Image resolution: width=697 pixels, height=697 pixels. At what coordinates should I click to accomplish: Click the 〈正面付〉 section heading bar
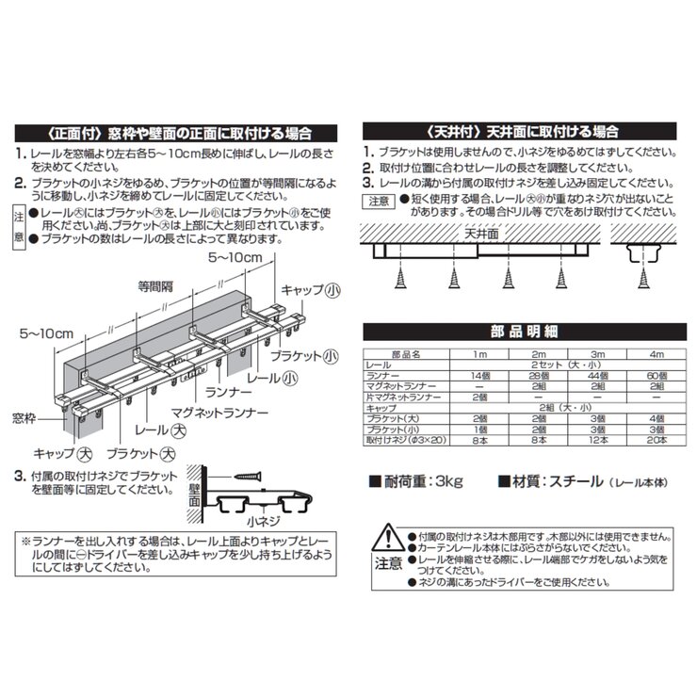tap(178, 133)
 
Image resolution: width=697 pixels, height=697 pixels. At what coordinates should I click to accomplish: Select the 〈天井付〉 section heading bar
tap(520, 130)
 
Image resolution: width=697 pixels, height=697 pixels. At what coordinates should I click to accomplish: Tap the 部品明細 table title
tap(519, 332)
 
